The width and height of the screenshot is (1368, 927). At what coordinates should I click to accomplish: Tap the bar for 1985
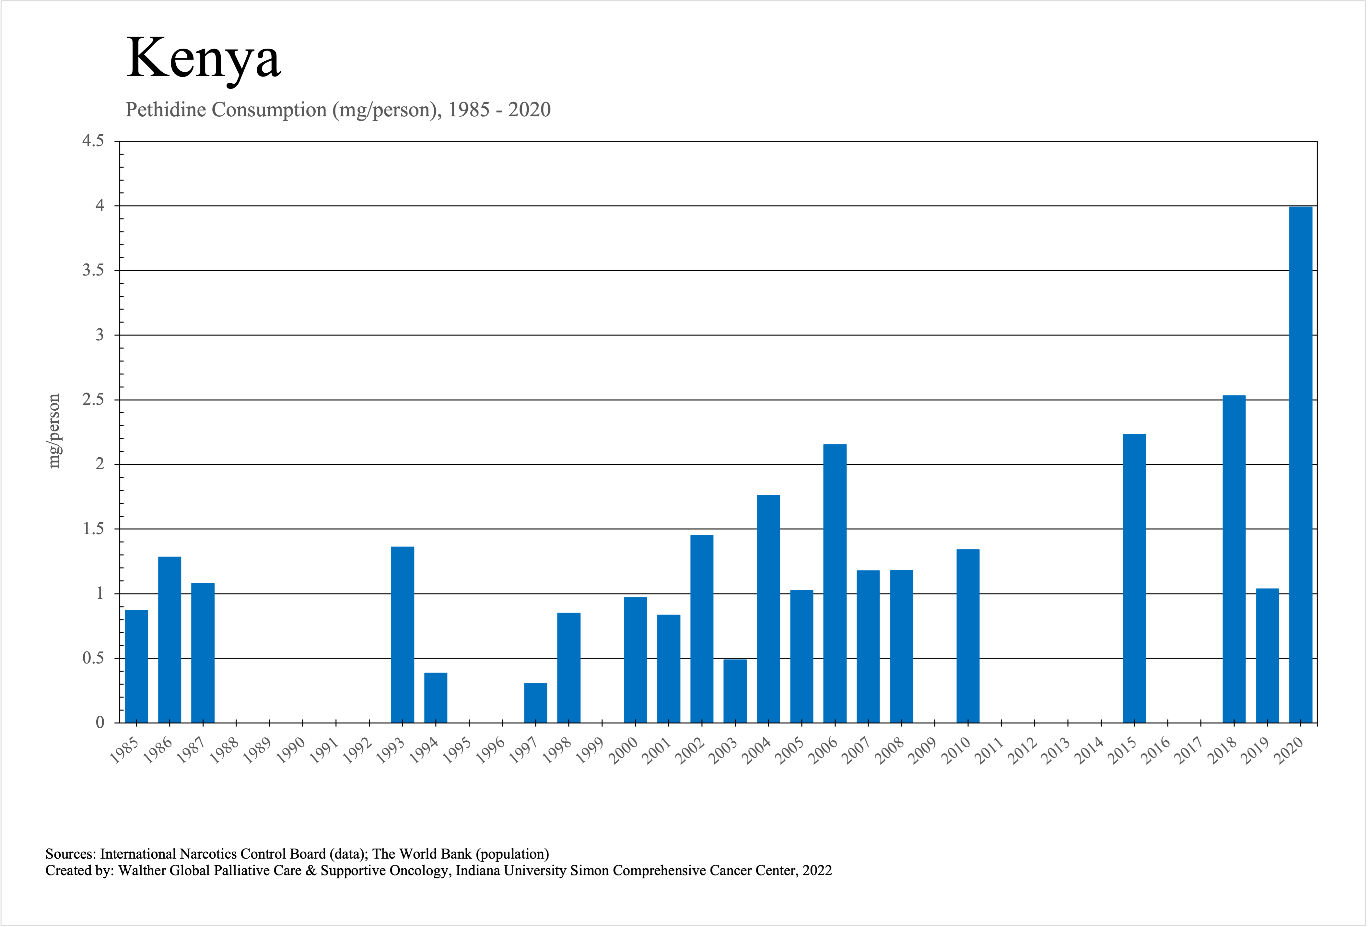pyautogui.click(x=136, y=666)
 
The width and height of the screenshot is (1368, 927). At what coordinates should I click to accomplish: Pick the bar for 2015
pyautogui.click(x=1134, y=578)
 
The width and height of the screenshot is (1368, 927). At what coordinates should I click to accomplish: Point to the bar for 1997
pyautogui.click(x=536, y=703)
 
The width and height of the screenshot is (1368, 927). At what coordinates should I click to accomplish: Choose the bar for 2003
pyautogui.click(x=735, y=691)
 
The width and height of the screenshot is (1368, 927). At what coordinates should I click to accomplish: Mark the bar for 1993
pyautogui.click(x=403, y=635)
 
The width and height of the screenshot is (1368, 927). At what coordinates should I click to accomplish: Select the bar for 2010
pyautogui.click(x=968, y=636)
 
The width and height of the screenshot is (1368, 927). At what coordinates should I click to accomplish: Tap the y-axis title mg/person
pyautogui.click(x=54, y=431)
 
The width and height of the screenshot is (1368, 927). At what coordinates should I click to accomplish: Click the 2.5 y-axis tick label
pyautogui.click(x=93, y=400)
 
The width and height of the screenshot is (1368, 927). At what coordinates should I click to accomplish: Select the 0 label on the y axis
pyautogui.click(x=100, y=723)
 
